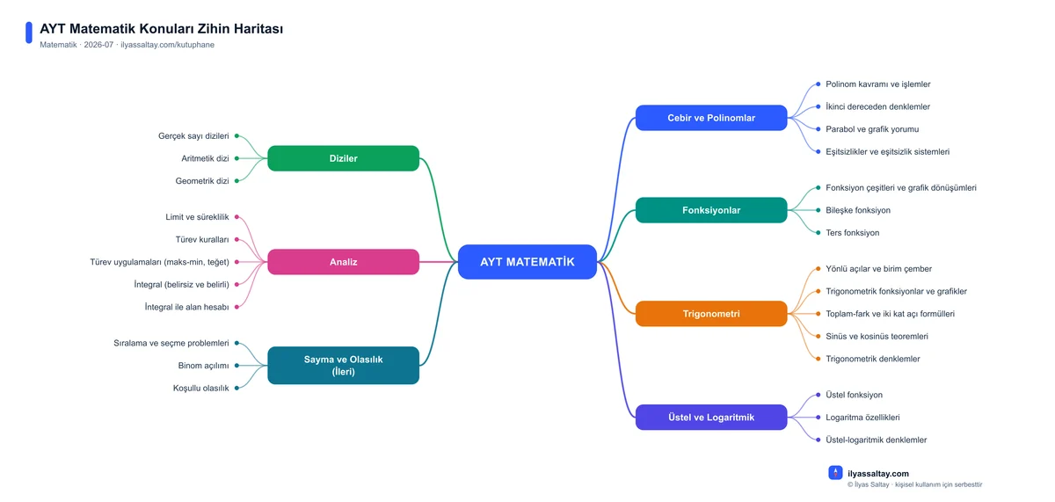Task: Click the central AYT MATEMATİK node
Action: (x=527, y=262)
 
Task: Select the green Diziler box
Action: (x=344, y=158)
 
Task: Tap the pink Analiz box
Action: (x=344, y=262)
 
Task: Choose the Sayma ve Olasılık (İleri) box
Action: (x=344, y=366)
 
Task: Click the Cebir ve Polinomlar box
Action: (x=711, y=118)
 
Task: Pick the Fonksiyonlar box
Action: (x=711, y=210)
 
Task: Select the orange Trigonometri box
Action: (x=711, y=314)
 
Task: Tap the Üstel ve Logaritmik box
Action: (x=711, y=418)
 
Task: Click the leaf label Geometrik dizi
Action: (x=202, y=181)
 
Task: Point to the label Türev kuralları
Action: (x=202, y=240)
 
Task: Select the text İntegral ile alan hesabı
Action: (x=186, y=307)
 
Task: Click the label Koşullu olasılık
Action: (x=200, y=388)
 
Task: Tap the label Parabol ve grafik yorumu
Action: (x=872, y=129)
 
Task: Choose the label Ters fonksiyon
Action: (x=853, y=233)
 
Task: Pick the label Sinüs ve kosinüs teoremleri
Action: (x=877, y=336)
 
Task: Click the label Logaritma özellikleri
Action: (x=862, y=418)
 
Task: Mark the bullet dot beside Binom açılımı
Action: (x=236, y=366)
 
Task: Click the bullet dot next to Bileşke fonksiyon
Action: (x=819, y=210)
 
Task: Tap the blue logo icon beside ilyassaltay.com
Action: (x=835, y=472)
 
